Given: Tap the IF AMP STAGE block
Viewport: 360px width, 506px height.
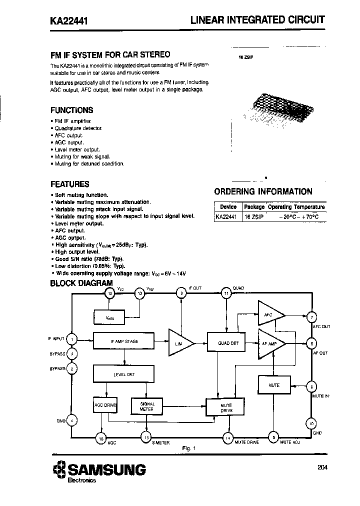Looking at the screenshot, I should [x=124, y=341].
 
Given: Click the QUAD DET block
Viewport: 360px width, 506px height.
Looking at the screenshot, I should [x=228, y=343].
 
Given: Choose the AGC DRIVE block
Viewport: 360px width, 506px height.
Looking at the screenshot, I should [x=105, y=405].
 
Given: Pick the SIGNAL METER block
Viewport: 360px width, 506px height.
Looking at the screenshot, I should [x=146, y=406].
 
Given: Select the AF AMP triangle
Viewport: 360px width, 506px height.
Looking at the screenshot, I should [x=270, y=343].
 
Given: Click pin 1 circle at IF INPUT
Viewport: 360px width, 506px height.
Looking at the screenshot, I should [x=72, y=339].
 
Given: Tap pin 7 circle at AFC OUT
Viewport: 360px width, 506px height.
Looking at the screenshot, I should [x=312, y=317].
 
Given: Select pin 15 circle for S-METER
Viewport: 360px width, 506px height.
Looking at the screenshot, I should [x=146, y=437].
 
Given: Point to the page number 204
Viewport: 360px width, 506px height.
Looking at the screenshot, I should [x=323, y=468].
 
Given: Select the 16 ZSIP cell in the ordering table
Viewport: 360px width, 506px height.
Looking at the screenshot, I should [x=253, y=216].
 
